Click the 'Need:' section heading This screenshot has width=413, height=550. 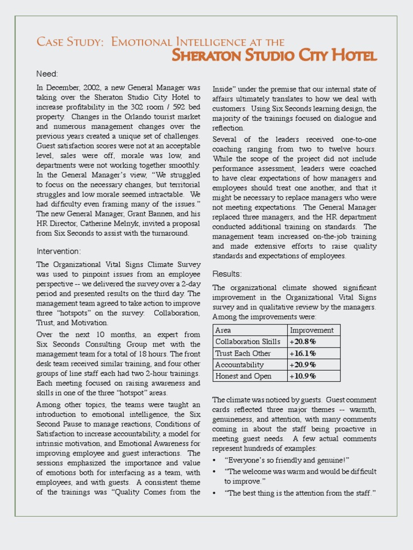[47, 74]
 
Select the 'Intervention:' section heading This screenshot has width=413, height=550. [59, 251]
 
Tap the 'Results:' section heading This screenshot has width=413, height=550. [227, 274]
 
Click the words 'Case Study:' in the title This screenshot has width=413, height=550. [70, 42]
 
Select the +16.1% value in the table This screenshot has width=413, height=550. [303, 353]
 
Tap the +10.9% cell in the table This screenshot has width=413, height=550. [303, 376]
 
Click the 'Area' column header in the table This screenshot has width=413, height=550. [223, 330]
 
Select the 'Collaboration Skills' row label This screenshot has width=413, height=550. [247, 342]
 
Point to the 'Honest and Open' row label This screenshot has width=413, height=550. [243, 376]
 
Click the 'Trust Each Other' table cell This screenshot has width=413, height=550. [243, 353]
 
